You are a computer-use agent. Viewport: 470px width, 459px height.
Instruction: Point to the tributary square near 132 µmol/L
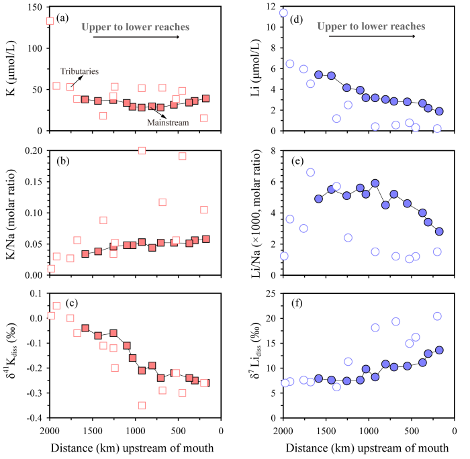click(50, 21)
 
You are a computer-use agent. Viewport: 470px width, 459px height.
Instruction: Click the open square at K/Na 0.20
click(142, 150)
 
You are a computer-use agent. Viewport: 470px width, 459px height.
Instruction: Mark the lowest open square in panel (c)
click(142, 405)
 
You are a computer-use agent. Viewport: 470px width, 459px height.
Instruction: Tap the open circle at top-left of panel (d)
click(283, 13)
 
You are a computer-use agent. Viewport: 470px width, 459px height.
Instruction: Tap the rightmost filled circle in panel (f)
click(439, 350)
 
